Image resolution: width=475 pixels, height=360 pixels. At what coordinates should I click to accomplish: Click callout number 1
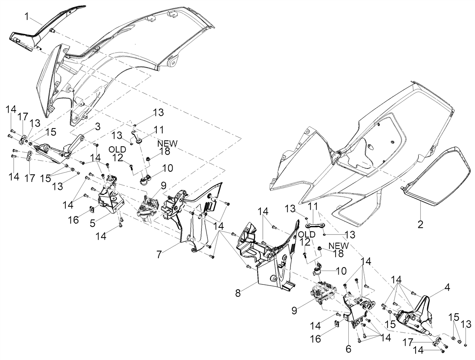[x=27, y=17]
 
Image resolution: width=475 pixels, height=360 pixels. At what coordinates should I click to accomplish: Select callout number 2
[x=420, y=224]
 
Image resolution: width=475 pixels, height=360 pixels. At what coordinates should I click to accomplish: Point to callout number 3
[x=98, y=127]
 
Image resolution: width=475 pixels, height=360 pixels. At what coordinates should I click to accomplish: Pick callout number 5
[x=93, y=224]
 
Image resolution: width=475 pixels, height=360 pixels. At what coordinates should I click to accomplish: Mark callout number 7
[x=159, y=254]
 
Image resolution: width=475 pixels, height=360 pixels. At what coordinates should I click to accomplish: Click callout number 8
[x=238, y=293]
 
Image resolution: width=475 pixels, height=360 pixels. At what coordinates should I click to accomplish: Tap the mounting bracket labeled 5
[x=111, y=197]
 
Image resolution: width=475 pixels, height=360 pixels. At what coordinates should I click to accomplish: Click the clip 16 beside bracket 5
[x=92, y=209]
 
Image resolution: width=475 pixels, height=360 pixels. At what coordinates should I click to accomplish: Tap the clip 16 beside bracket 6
[x=337, y=324]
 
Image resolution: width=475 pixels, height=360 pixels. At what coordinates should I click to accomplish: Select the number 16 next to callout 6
[x=316, y=339]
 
